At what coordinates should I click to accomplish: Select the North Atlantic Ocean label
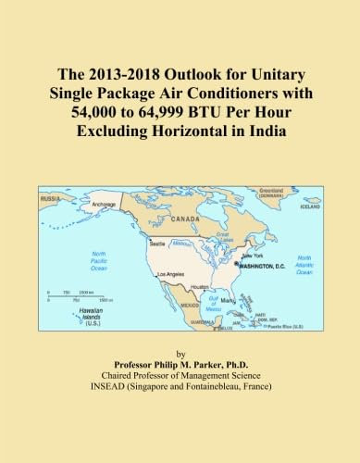click(x=304, y=266)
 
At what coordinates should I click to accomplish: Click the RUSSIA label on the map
click(x=51, y=197)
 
